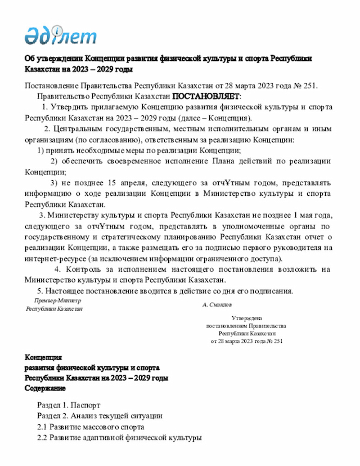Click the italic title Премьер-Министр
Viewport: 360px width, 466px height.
(56, 301)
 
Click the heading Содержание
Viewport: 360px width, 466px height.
(46, 388)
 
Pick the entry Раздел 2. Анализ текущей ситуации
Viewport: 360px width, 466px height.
(100, 416)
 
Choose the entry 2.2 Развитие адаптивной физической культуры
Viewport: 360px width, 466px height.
(119, 437)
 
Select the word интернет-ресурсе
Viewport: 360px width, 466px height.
(53, 259)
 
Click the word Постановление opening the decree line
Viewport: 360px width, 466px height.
(53, 86)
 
